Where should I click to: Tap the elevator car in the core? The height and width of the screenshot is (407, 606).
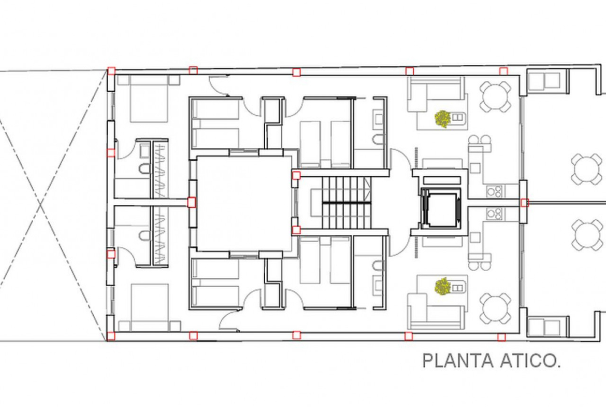click(441, 207)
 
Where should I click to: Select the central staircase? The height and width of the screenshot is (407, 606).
click(342, 202)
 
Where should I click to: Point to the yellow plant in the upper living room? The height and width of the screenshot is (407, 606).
click(442, 118)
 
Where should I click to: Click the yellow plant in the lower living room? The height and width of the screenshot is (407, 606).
click(442, 286)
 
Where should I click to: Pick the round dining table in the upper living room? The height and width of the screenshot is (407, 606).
click(496, 96)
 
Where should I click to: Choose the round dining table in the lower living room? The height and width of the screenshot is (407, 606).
click(496, 308)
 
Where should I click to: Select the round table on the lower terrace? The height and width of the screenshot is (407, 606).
click(586, 235)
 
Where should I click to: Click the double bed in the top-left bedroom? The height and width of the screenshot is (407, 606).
click(149, 99)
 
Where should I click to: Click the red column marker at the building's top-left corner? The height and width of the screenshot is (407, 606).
click(111, 71)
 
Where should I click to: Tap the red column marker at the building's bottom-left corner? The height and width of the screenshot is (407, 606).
click(111, 336)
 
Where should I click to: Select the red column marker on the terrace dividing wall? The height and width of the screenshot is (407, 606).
click(524, 202)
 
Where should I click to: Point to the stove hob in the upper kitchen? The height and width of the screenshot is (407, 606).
click(495, 191)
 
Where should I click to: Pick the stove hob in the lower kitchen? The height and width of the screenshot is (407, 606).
click(495, 214)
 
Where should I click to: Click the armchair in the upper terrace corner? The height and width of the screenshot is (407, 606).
click(544, 80)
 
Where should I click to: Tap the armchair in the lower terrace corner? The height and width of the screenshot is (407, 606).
click(544, 327)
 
